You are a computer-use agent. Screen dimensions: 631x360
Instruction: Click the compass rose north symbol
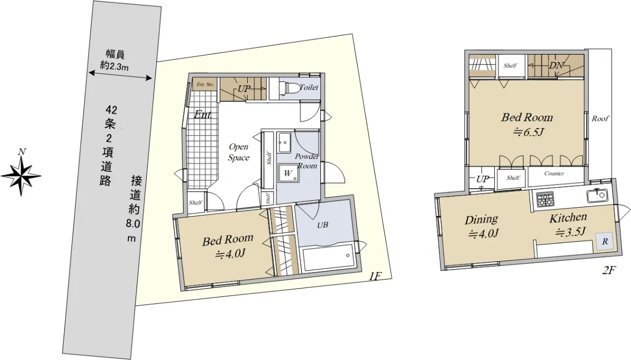[x=21, y=176]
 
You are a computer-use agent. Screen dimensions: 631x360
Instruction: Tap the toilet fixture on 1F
[x=287, y=88]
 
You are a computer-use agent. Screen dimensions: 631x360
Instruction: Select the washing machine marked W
[x=288, y=173]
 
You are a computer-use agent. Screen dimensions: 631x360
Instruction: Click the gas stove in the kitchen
[x=545, y=199]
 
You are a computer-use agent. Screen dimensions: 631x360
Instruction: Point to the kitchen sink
[x=597, y=196]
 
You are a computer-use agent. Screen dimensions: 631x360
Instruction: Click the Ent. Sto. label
[x=205, y=84]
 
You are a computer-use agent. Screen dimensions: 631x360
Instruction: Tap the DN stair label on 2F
[x=555, y=66]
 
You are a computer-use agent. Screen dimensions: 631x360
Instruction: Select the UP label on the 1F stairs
[x=243, y=89]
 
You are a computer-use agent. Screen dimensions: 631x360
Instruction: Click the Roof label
[x=601, y=118]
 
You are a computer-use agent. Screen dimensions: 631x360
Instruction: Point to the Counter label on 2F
[x=554, y=173]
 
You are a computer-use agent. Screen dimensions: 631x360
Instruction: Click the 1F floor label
[x=375, y=277]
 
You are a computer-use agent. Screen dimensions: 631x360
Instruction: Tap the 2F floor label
[x=608, y=270]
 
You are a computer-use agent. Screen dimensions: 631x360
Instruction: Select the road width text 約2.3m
[x=115, y=66]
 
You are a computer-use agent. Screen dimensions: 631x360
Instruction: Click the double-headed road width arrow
[x=120, y=76]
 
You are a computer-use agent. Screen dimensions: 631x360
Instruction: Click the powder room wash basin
[x=283, y=142]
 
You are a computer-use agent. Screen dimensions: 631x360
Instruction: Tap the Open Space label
[x=238, y=152]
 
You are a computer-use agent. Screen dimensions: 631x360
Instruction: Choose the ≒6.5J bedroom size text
[x=528, y=132]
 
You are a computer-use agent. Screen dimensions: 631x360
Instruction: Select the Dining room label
[x=481, y=220]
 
